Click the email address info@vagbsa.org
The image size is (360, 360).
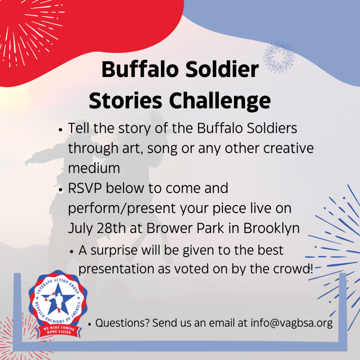(x=291, y=323)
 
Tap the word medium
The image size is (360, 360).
(x=94, y=168)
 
